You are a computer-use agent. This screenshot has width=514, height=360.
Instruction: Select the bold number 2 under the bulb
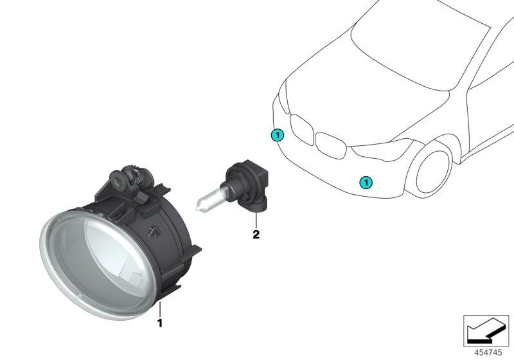coord(256,235)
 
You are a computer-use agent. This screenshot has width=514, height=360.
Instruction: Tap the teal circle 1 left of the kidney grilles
coord(276,135)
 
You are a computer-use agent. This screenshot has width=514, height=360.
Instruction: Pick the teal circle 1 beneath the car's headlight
coord(366,183)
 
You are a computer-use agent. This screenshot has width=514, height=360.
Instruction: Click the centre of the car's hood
coord(360,96)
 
